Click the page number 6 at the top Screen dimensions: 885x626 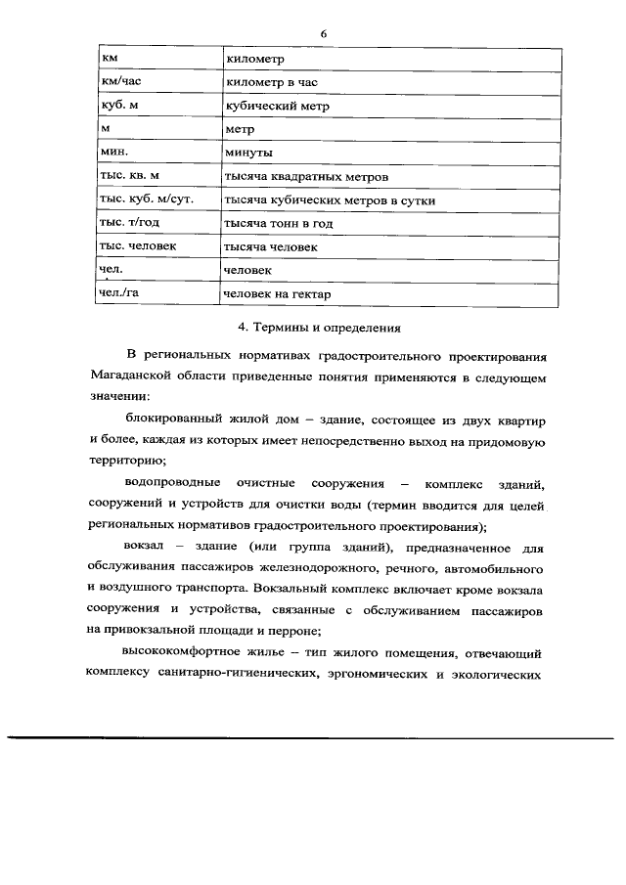[x=322, y=33]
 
